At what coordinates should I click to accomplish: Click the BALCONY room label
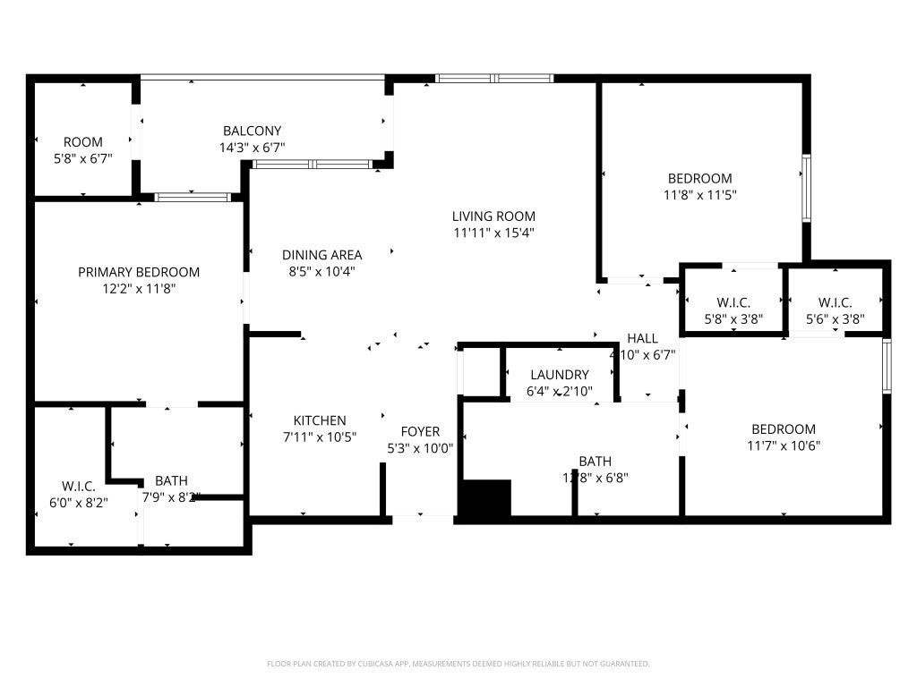(x=252, y=131)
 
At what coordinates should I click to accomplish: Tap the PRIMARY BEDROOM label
(x=139, y=272)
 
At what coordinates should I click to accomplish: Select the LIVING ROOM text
(x=493, y=216)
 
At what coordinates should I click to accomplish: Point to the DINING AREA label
(x=321, y=255)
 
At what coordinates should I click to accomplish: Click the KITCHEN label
(x=320, y=420)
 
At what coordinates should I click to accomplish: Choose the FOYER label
(x=420, y=431)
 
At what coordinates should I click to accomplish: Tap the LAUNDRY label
(x=559, y=375)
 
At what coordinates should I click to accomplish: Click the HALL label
(x=642, y=338)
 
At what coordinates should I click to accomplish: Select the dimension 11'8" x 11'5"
(x=699, y=194)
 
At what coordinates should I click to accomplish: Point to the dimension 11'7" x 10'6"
(x=784, y=445)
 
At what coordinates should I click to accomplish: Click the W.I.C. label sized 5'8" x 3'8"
(x=733, y=302)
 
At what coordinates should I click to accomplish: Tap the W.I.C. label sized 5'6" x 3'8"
(x=835, y=302)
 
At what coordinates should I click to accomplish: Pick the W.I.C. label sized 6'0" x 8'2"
(x=79, y=486)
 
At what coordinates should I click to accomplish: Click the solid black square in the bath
(x=484, y=498)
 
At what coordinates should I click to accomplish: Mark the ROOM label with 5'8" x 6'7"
(x=83, y=141)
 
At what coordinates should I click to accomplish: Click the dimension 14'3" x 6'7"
(x=252, y=148)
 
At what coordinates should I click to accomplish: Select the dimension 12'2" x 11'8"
(x=139, y=289)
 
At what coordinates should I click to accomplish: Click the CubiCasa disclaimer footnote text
(x=458, y=664)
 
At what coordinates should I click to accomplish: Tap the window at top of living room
(x=494, y=79)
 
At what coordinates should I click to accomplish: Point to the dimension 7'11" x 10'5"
(x=320, y=437)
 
